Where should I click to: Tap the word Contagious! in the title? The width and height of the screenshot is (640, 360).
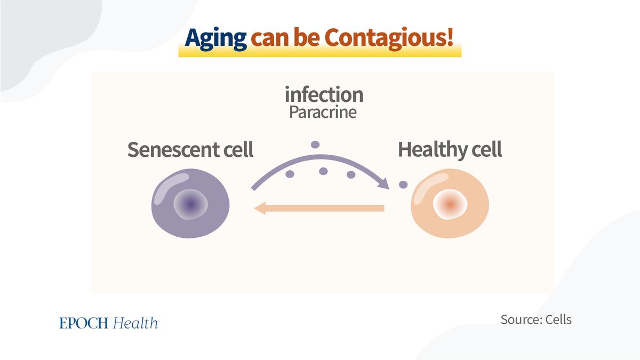coord(389,38)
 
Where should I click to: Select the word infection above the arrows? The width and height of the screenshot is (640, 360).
coord(324,94)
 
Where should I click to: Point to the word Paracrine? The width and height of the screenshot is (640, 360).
coord(323,112)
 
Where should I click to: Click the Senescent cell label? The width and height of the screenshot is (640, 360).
coord(190,149)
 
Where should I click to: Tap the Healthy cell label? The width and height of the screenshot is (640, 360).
coord(450,149)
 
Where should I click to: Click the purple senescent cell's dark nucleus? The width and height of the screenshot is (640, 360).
coord(190,204)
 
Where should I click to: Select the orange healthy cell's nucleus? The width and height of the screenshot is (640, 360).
coord(450,204)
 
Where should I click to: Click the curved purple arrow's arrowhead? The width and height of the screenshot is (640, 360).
coord(383,183)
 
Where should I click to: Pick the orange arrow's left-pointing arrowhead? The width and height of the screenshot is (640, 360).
coord(260,208)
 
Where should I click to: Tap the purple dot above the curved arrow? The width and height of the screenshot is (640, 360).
coord(315,145)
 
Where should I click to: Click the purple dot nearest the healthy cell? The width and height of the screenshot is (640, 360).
coord(403,185)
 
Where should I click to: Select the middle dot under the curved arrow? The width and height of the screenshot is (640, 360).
coord(323,171)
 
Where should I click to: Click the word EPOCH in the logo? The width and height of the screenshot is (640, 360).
coord(84,323)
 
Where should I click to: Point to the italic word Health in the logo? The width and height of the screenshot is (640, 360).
coord(135,323)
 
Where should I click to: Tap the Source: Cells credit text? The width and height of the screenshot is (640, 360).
coord(536,319)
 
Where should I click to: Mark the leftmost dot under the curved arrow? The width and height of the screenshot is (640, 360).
coord(290,174)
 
